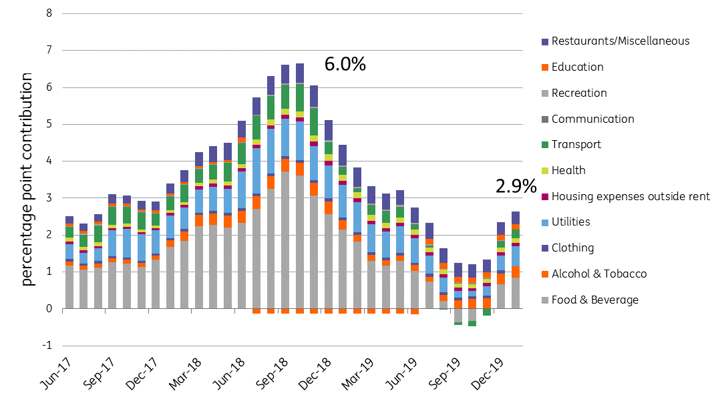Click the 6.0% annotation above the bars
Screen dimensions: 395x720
[345, 65]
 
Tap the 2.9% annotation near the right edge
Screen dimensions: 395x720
[516, 187]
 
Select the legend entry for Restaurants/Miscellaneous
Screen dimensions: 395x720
[620, 41]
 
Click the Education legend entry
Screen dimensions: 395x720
[577, 67]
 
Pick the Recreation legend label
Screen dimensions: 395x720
[579, 93]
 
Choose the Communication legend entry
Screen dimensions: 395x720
[592, 119]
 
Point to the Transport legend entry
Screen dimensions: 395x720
[576, 145]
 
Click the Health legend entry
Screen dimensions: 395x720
[568, 171]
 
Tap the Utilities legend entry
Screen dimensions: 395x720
[571, 222]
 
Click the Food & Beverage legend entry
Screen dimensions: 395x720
[594, 300]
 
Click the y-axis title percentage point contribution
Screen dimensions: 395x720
[26, 180]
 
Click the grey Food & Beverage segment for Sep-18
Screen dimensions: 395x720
[285, 240]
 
